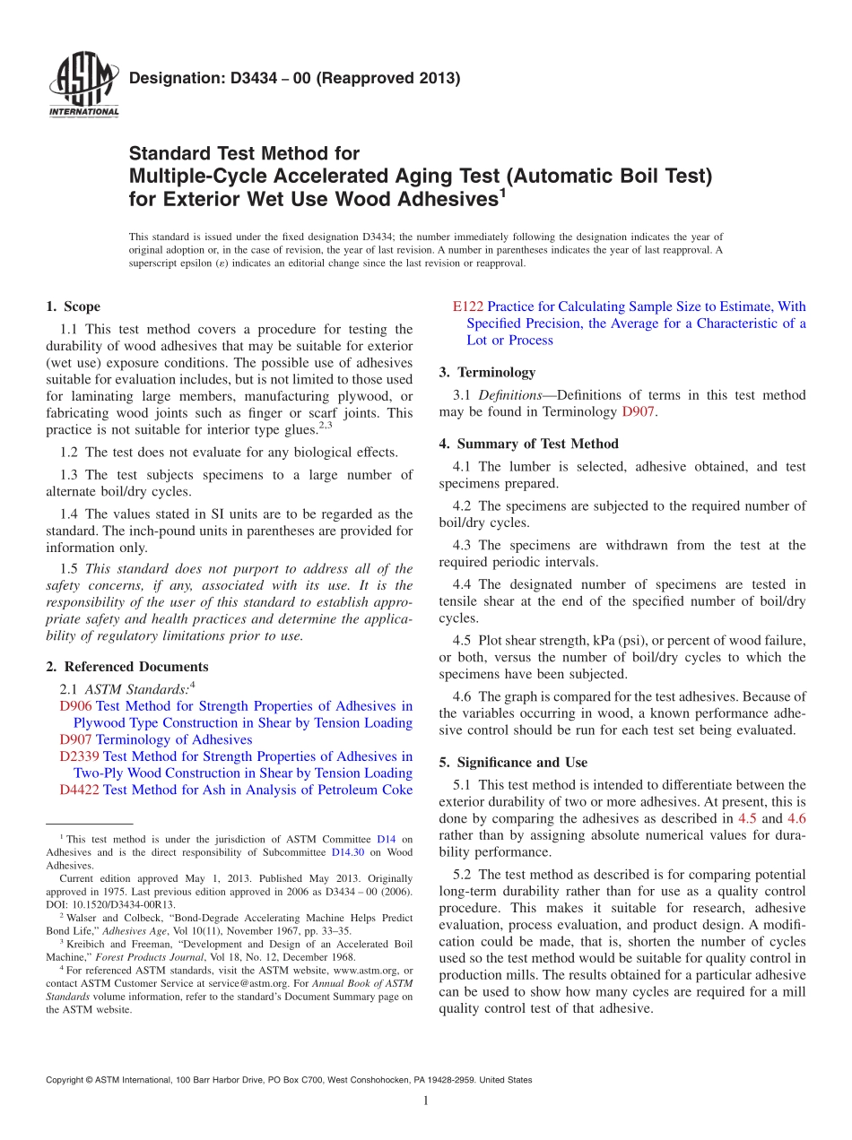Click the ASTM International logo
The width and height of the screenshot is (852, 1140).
[x=83, y=86]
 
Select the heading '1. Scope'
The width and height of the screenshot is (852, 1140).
[x=73, y=307]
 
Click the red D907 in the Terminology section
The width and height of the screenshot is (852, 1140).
[x=639, y=411]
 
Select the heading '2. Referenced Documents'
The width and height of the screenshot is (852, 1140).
[x=126, y=667]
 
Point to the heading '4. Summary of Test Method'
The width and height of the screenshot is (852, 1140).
[x=528, y=444]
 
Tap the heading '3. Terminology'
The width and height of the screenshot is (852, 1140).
[x=487, y=372]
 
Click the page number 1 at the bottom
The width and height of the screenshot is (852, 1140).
[x=426, y=1101]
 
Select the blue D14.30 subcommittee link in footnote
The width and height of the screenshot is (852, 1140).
[x=349, y=852]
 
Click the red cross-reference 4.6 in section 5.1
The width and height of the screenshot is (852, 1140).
[x=795, y=818]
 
